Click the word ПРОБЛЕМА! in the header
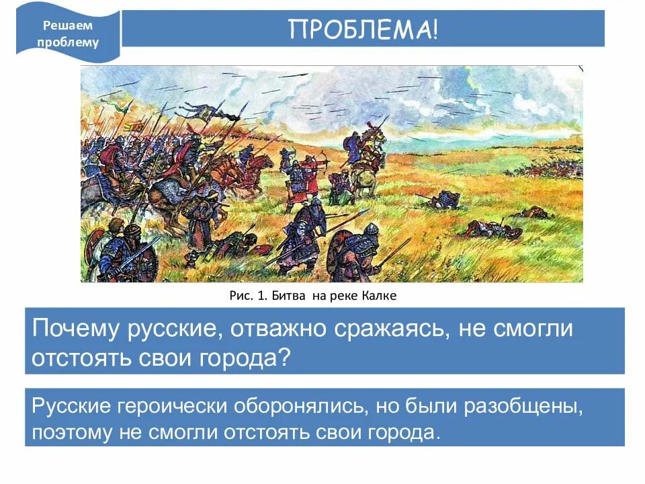tap(363, 29)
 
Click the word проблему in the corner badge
tap(71, 43)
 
